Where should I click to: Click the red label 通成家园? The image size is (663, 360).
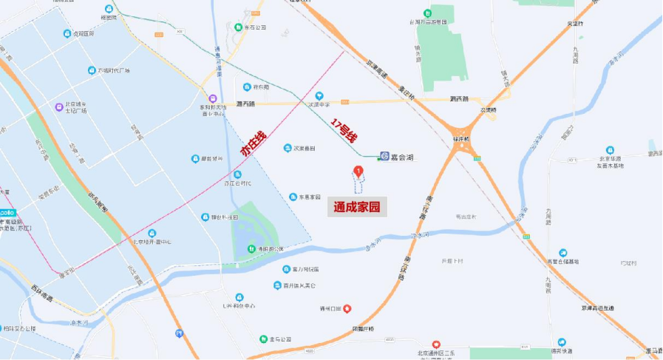click(356, 208)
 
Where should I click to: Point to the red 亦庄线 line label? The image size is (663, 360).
click(252, 143)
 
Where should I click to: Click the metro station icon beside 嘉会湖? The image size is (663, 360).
click(384, 155)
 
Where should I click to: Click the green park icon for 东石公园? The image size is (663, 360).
click(238, 27)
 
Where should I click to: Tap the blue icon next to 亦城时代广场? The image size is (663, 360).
click(92, 71)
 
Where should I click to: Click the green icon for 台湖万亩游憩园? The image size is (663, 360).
click(427, 13)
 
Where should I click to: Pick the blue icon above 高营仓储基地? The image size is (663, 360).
click(563, 252)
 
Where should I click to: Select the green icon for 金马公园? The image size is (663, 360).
click(262, 339)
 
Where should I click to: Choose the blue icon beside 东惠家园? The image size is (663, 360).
click(293, 197)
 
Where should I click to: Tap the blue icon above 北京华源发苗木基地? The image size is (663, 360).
click(611, 150)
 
